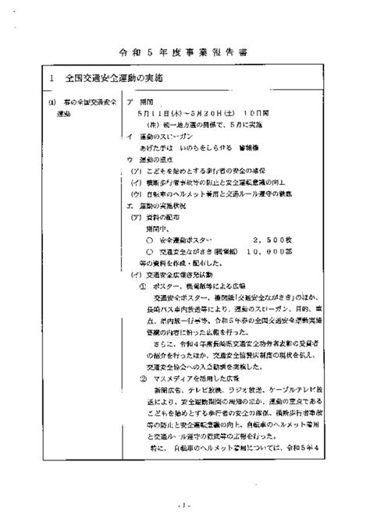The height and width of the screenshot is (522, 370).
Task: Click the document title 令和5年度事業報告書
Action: click(x=185, y=51)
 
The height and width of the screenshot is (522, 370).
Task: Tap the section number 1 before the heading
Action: click(x=50, y=80)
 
